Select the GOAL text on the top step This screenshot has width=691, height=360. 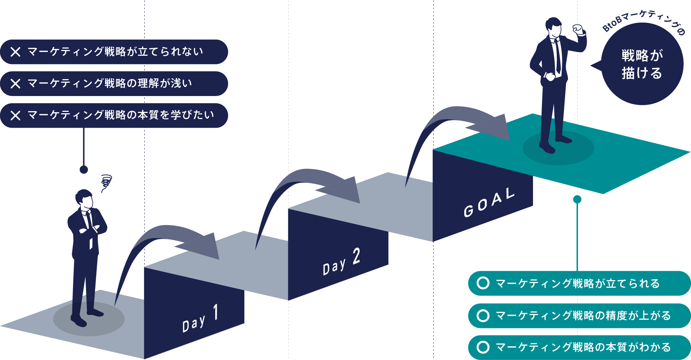(489, 202)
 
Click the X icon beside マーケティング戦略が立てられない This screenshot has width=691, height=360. (15, 52)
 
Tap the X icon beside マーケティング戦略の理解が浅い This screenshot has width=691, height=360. (15, 84)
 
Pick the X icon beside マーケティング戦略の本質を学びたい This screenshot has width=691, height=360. (15, 115)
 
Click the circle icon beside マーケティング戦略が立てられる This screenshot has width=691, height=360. (483, 283)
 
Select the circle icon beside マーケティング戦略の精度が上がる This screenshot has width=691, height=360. (483, 315)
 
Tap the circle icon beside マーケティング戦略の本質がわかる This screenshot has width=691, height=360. (483, 347)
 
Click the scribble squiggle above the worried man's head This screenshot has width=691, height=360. (106, 182)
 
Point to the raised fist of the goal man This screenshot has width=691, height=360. (578, 29)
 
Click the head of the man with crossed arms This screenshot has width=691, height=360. (84, 199)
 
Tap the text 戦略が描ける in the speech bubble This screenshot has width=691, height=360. (642, 64)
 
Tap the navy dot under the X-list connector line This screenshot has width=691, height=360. (84, 169)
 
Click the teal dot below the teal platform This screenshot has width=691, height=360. (577, 199)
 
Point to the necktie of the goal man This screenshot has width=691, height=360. (557, 56)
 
